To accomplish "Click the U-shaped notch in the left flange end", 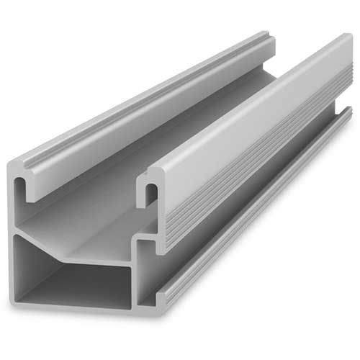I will tap(31, 189).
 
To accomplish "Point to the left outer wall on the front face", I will tap(12, 238).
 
